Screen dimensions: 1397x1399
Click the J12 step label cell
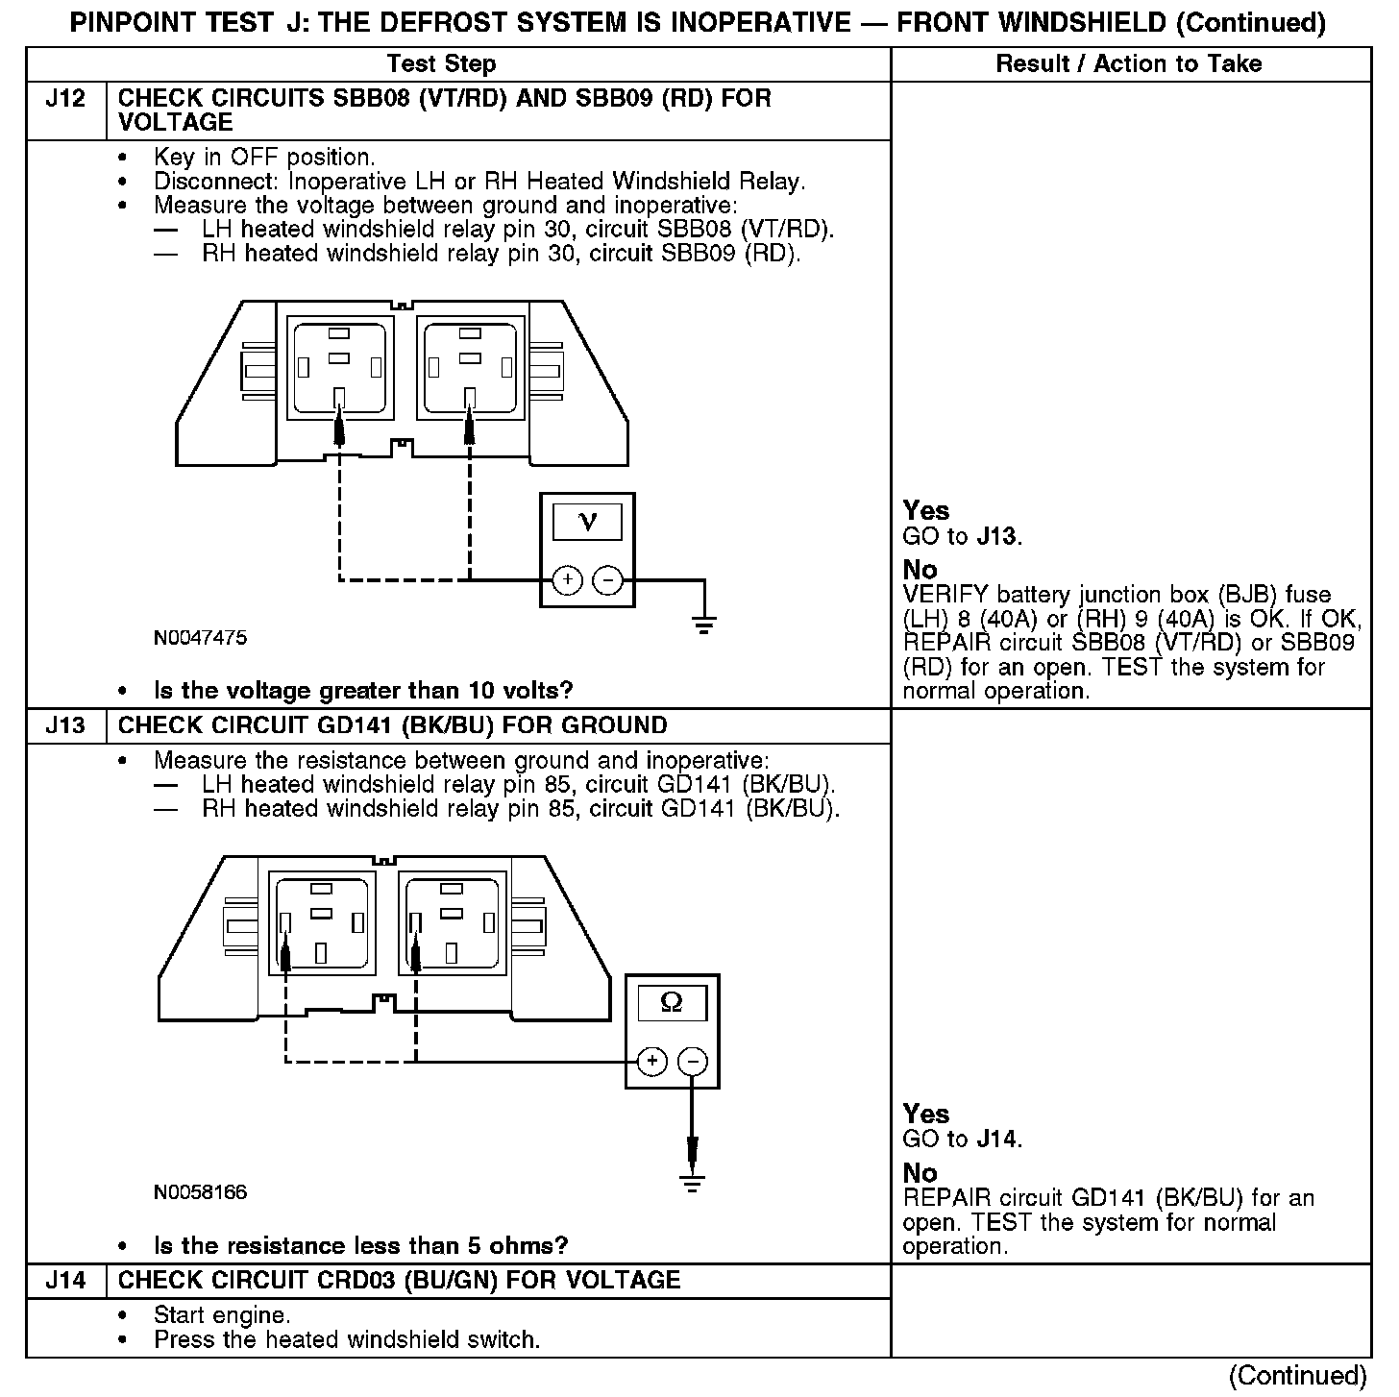click(65, 99)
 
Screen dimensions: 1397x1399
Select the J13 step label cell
click(65, 726)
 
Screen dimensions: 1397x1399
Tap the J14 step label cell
click(65, 1281)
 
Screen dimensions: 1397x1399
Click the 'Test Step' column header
click(441, 64)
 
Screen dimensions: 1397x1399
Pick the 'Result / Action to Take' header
click(1129, 64)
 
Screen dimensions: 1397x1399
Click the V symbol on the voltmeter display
click(587, 521)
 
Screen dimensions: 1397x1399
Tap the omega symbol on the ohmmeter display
click(672, 1003)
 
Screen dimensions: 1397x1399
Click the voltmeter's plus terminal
click(567, 580)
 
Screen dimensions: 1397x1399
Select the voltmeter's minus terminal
click(607, 580)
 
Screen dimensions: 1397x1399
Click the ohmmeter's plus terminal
click(651, 1061)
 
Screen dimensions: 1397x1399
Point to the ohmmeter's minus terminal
click(692, 1061)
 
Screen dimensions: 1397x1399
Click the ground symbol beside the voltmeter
click(704, 625)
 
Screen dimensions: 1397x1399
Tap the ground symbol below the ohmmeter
click(692, 1182)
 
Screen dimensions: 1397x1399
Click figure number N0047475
click(200, 638)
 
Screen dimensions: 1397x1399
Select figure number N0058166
click(200, 1192)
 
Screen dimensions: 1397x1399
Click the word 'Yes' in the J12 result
click(926, 511)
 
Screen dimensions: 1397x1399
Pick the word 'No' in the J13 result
click(920, 1173)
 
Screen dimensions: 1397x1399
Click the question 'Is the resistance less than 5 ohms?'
click(361, 1246)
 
